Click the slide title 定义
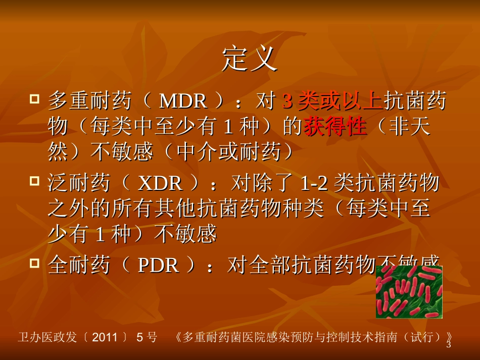click(x=250, y=60)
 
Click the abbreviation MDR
click(x=183, y=101)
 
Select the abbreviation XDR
click(x=160, y=183)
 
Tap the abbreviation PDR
click(x=158, y=265)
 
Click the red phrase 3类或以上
click(x=331, y=101)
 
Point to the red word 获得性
click(x=334, y=127)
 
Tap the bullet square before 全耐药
click(x=34, y=262)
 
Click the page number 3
click(x=448, y=345)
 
